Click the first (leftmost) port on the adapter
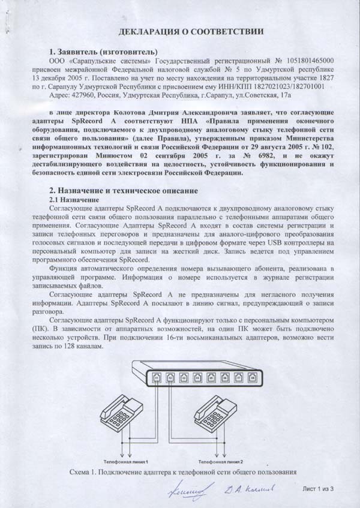click(157, 378)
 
